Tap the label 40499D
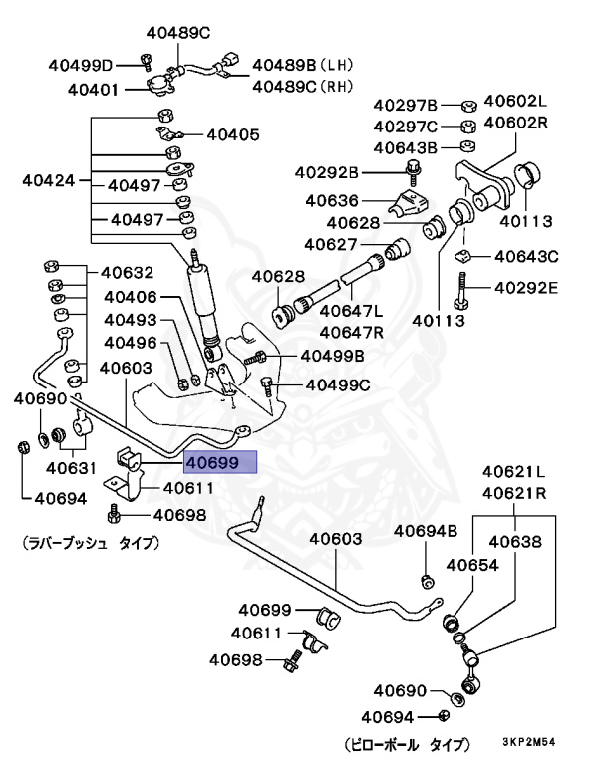[81, 66]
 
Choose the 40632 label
[126, 272]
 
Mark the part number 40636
[333, 200]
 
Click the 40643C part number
[523, 256]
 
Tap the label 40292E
[523, 289]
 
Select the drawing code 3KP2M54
[547, 742]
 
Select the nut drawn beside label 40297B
[468, 105]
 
